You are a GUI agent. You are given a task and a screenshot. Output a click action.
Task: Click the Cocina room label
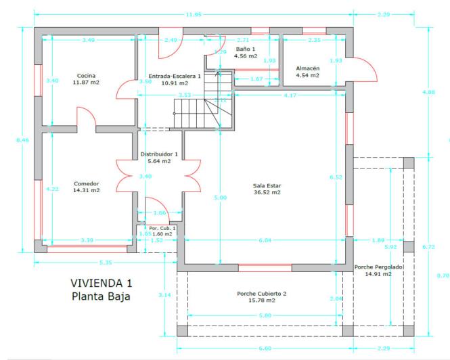click(86, 75)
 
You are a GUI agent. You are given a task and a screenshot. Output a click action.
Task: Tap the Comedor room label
click(86, 183)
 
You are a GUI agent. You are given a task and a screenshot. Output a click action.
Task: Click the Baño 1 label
click(245, 49)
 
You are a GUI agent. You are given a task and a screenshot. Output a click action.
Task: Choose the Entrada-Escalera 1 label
click(174, 76)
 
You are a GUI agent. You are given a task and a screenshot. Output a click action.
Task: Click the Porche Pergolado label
click(378, 267)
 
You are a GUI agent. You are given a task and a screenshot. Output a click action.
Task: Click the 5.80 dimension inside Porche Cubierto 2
click(265, 315)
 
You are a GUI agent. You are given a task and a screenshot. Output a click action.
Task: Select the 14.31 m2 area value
click(86, 190)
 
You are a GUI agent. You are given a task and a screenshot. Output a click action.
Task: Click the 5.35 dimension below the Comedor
click(105, 262)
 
